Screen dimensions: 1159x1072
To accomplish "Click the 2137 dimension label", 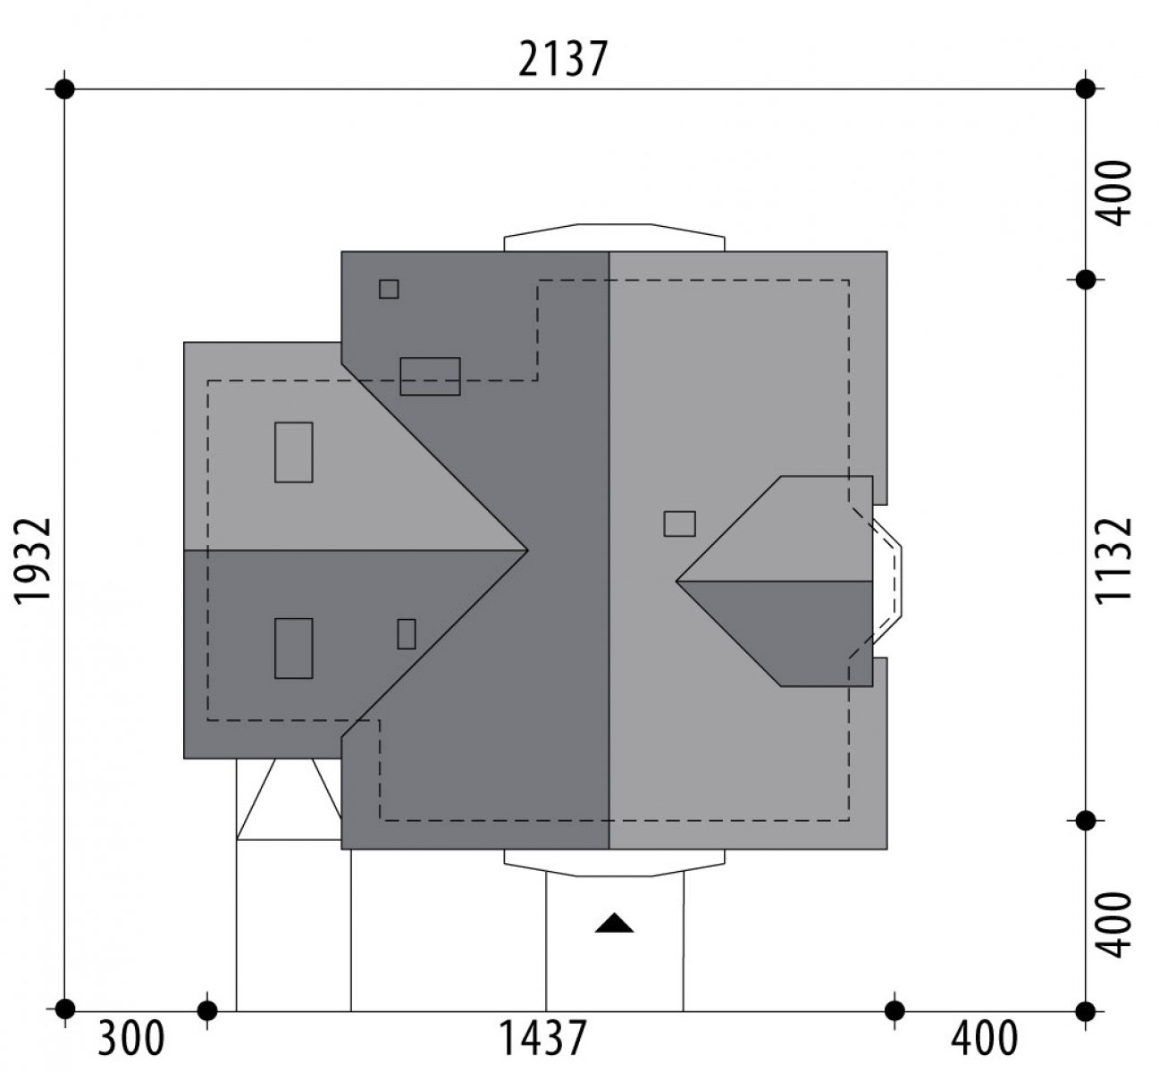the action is click(563, 59).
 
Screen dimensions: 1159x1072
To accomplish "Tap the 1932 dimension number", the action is click(33, 561).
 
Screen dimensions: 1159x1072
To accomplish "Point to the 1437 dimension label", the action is click(542, 1039).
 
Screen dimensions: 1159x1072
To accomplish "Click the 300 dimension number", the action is click(130, 1039).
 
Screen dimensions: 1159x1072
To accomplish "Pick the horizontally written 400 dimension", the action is click(985, 1039).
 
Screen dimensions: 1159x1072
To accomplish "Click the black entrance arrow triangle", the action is click(614, 923).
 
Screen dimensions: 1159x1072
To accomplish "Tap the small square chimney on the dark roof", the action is click(389, 289).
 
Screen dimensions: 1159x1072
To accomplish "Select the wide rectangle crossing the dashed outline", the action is click(430, 376).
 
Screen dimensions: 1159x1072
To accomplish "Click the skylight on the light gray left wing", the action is click(293, 452).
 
